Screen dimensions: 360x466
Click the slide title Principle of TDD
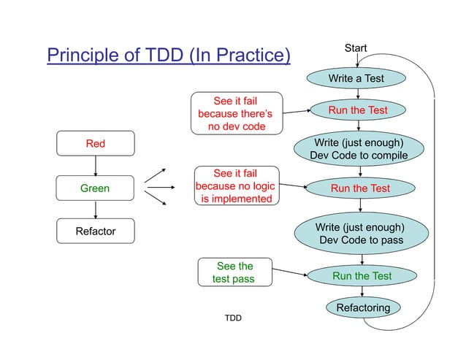[169, 55]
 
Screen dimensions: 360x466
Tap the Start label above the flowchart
[356, 49]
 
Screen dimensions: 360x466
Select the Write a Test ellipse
[356, 78]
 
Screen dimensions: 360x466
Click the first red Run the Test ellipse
[357, 110]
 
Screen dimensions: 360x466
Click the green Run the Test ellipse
[362, 276]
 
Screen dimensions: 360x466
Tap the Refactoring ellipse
[362, 308]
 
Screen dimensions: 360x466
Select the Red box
[96, 144]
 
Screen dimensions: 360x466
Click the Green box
[96, 188]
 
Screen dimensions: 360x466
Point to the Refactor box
[96, 232]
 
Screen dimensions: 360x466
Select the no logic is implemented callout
[236, 185]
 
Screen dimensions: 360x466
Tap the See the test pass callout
[234, 272]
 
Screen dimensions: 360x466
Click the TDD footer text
[233, 318]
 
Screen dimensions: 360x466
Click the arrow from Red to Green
[96, 166]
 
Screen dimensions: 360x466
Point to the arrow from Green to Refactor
[96, 210]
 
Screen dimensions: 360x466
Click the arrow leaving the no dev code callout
[293, 112]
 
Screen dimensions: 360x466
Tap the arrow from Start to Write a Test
[356, 61]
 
